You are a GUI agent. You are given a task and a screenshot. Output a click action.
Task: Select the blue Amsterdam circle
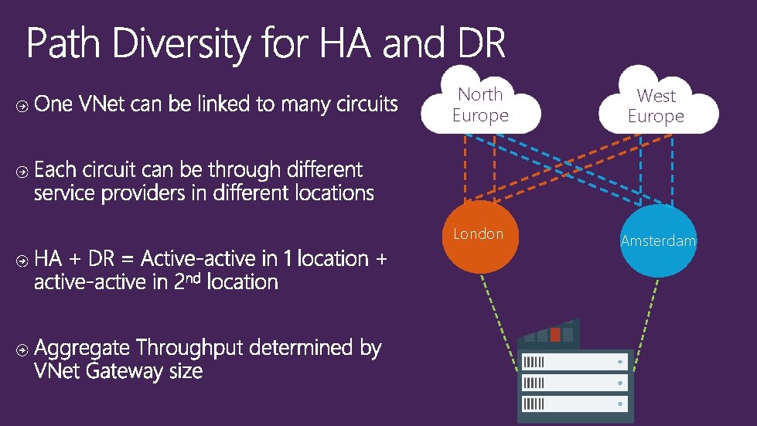658,241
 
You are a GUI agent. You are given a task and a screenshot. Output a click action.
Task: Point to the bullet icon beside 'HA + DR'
22,260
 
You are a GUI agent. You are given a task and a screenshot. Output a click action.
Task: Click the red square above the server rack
555,335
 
